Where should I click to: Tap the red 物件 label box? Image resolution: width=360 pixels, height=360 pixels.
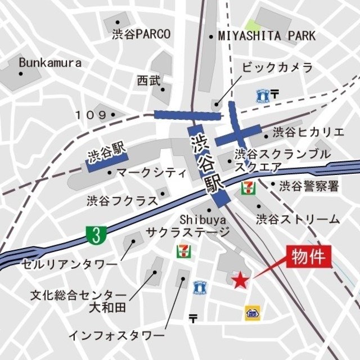308,258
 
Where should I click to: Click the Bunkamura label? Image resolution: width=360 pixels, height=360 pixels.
49,62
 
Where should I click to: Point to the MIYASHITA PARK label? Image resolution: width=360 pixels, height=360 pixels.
267,37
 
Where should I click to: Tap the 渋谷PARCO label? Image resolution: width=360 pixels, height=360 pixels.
141,34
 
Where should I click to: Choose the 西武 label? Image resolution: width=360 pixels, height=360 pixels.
148,81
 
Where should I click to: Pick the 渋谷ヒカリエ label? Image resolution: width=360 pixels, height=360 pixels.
308,133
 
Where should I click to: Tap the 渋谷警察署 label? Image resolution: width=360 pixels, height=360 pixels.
309,185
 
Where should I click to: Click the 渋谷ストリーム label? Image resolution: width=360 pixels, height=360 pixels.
298,219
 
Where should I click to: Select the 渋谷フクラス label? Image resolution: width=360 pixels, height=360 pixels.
121,200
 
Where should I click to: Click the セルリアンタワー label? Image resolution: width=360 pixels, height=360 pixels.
70,263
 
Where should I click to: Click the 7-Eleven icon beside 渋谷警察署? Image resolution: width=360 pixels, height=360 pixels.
247,187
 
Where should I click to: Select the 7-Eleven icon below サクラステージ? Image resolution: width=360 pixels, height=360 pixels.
183,251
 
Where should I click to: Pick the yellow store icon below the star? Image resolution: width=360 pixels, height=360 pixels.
251,313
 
